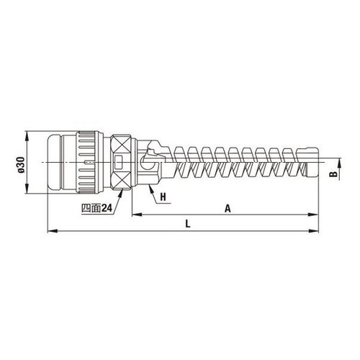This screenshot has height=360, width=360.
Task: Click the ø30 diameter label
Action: [x=21, y=164]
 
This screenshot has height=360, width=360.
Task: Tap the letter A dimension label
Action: [x=228, y=208]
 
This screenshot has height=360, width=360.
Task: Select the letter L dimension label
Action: [x=188, y=224]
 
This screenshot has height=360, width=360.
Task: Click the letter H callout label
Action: [x=163, y=197]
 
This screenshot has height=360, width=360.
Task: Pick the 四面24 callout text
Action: [x=97, y=208]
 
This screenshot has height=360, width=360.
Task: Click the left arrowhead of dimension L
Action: [x=53, y=231]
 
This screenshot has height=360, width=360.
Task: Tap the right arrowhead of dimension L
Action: [x=313, y=231]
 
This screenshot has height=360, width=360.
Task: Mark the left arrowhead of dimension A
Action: [x=138, y=215]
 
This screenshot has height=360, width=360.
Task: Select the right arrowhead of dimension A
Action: [x=313, y=215]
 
